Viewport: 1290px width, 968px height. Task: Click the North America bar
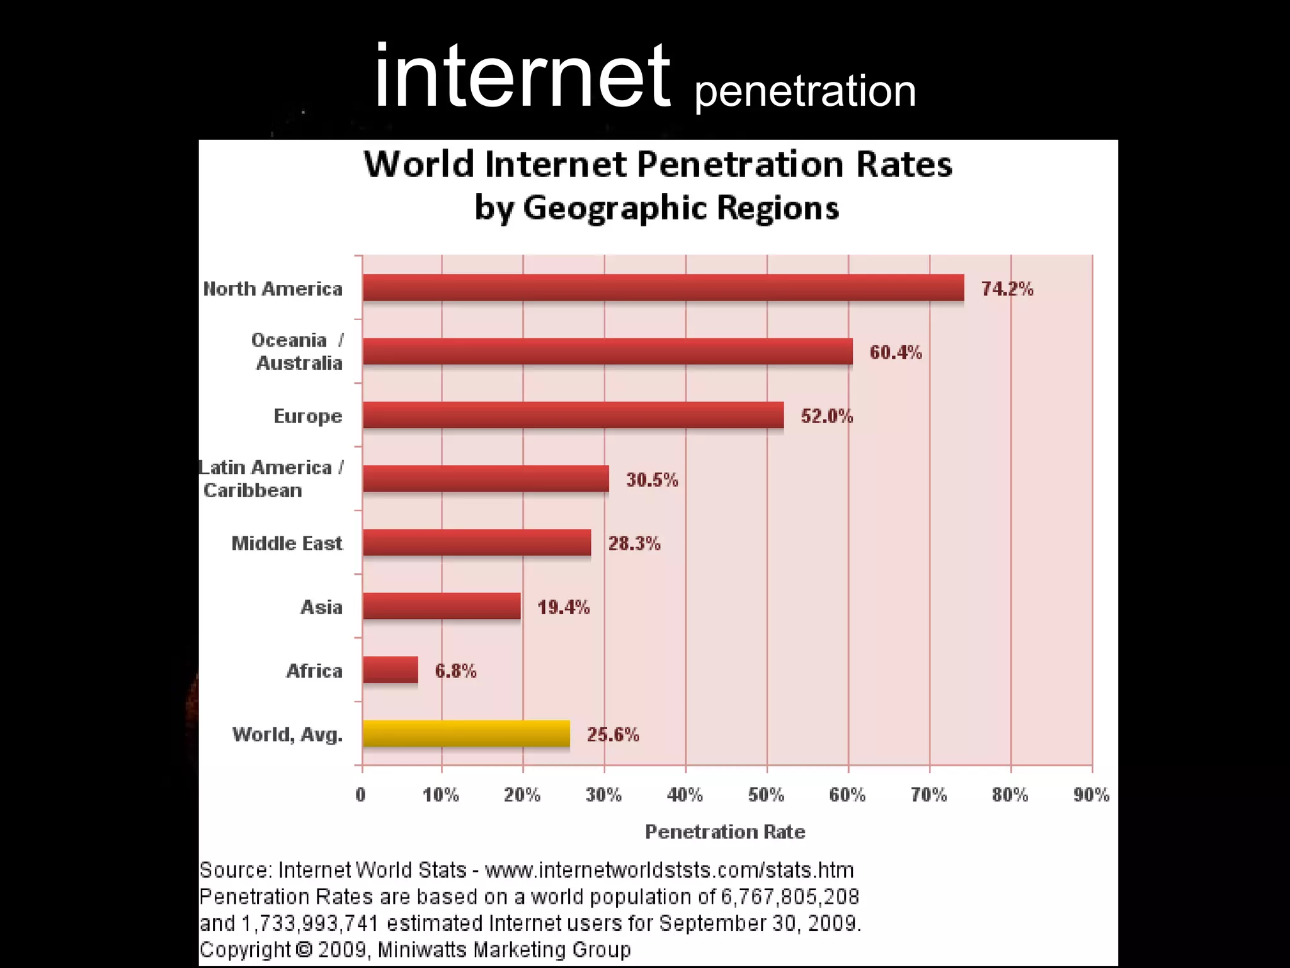click(663, 288)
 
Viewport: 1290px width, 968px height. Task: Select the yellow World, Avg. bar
click(466, 734)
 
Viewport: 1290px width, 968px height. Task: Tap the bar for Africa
click(391, 670)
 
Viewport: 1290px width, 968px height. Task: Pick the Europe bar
click(573, 415)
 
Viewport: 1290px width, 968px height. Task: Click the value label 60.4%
click(895, 352)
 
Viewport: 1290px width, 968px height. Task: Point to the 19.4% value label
click(563, 607)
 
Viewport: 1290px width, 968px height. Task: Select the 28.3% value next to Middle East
click(634, 543)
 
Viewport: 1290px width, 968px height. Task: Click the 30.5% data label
click(651, 480)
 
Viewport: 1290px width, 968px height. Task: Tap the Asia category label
click(321, 607)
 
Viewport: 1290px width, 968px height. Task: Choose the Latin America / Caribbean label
click(271, 478)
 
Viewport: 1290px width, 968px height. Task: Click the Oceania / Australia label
click(297, 351)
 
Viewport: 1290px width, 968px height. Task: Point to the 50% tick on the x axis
click(766, 795)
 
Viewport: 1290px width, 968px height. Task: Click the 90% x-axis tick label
click(1091, 795)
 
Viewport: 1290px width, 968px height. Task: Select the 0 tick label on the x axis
click(360, 795)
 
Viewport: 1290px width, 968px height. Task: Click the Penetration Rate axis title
click(725, 832)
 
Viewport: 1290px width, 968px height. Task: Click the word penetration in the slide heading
click(804, 91)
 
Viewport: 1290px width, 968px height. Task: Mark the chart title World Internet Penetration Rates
click(658, 164)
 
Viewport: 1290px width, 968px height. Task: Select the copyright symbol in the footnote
click(304, 949)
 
